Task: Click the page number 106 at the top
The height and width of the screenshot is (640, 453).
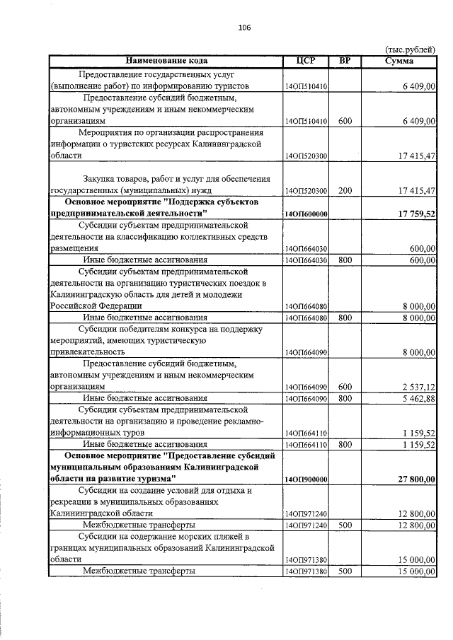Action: tap(244, 28)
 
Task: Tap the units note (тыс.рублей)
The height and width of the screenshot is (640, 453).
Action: tap(410, 50)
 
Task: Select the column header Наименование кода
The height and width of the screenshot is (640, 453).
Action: tap(166, 61)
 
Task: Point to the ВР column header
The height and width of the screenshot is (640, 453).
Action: tap(345, 61)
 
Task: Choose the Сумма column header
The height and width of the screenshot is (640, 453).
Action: tap(399, 61)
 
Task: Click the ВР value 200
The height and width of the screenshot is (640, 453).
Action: tap(345, 191)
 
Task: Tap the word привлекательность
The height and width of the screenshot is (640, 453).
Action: tap(88, 351)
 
